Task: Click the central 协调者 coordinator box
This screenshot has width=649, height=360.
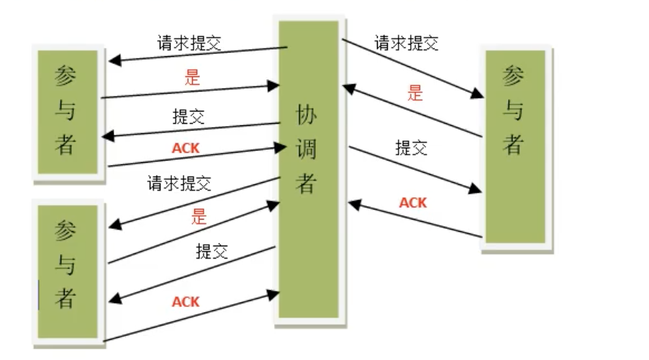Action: coord(309,168)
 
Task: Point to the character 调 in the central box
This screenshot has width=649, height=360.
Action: coord(307,148)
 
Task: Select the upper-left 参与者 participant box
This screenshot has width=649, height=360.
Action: coord(66,111)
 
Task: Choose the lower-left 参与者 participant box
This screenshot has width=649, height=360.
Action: coord(66,271)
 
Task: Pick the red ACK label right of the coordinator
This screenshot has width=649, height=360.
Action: coord(413,202)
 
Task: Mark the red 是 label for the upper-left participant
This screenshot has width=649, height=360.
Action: coord(191,78)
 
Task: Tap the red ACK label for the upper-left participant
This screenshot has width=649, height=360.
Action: coord(186,148)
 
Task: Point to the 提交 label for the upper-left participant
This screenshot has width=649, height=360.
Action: coord(189,116)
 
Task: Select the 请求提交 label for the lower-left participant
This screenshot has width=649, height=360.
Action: coord(179,184)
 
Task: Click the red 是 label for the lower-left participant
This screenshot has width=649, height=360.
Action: coord(199,216)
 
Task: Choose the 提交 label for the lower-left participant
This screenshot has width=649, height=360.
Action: coord(212,251)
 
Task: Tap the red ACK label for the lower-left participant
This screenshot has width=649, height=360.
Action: coord(186,301)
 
